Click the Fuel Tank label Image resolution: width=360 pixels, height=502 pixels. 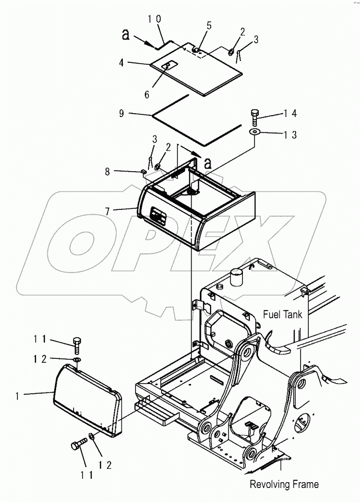pyautogui.click(x=283, y=314)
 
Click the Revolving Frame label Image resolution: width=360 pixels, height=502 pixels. pyautogui.click(x=284, y=484)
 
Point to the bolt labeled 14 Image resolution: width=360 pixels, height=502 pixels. pyautogui.click(x=255, y=118)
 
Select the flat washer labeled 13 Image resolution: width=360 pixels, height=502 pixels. pyautogui.click(x=254, y=131)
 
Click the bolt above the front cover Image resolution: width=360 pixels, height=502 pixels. pyautogui.click(x=77, y=345)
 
